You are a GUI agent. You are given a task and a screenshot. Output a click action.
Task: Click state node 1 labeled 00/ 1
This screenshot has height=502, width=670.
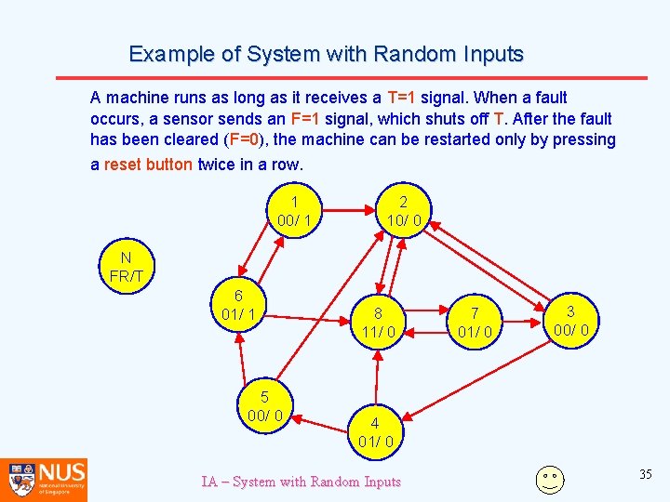click(x=294, y=211)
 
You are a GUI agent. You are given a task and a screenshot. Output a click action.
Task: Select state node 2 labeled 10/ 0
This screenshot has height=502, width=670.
click(x=403, y=211)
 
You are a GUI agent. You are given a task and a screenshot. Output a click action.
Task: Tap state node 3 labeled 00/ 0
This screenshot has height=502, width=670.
click(x=570, y=322)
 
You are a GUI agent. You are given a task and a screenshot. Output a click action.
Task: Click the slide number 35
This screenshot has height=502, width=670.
click(x=646, y=475)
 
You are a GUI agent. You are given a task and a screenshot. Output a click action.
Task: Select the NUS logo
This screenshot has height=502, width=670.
click(x=44, y=478)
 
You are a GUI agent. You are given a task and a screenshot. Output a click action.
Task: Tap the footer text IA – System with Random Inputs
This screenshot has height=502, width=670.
click(x=301, y=482)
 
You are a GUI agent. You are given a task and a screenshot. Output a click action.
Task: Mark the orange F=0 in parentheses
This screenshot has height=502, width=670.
click(x=244, y=140)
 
